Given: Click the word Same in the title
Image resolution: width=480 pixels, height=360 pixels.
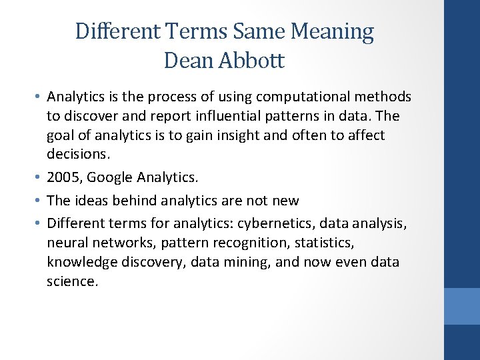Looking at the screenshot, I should (x=254, y=31).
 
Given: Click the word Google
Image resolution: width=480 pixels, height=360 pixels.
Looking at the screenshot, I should (x=109, y=177).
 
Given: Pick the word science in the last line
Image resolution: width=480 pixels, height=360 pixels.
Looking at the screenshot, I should (x=71, y=281).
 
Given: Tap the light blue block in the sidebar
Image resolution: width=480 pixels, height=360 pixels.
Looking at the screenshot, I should (x=462, y=306).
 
